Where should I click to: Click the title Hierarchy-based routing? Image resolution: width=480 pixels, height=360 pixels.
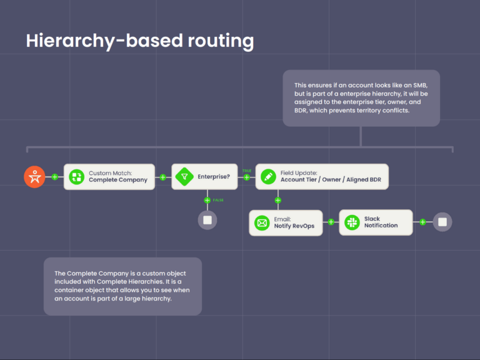[x=140, y=41]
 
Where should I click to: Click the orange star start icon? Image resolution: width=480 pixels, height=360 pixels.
[x=34, y=177]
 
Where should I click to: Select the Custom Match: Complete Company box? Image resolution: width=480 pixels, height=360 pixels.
[x=109, y=177]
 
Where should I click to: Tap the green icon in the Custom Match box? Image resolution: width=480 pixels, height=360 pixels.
[x=77, y=177]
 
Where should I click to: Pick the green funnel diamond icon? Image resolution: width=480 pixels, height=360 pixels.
[x=185, y=177]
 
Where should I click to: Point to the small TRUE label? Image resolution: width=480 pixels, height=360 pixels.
[x=247, y=170]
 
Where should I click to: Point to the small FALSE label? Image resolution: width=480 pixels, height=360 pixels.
[x=218, y=200]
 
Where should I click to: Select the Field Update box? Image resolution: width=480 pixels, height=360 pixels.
[x=322, y=177]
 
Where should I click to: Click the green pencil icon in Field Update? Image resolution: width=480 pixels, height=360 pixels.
[x=269, y=177]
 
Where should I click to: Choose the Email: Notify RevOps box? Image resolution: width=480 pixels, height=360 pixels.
[x=286, y=222]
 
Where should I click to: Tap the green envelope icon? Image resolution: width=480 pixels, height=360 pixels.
[x=262, y=222]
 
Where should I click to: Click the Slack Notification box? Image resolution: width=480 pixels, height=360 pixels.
[x=376, y=222]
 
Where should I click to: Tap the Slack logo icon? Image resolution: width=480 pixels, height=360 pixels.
[x=352, y=222]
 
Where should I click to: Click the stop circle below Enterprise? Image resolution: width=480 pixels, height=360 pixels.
[x=207, y=220]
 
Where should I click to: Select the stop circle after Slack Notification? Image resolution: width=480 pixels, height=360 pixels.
[x=442, y=222]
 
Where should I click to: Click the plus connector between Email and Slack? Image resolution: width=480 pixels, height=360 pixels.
[x=331, y=222]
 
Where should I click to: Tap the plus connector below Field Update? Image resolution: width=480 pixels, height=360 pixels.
[x=277, y=200]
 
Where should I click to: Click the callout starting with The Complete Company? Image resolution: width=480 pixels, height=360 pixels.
[x=122, y=286]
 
